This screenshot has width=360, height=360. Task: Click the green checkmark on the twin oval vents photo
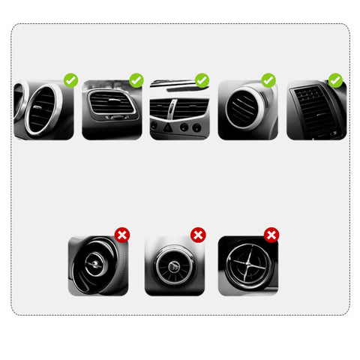point(70,79)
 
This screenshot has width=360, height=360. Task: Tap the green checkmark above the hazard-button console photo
point(202,79)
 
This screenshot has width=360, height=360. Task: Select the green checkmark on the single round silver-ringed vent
point(268,79)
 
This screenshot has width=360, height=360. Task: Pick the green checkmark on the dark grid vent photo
point(335,79)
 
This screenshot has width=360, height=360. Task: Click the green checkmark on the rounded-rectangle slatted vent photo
point(136,79)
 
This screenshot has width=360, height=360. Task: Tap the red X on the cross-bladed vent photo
point(271,235)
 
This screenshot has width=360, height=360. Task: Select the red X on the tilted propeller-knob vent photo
point(121,235)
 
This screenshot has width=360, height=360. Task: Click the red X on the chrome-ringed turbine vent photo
point(198,235)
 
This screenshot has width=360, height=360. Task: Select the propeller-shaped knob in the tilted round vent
point(95,263)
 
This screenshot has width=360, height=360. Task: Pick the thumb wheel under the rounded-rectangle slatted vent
point(112,117)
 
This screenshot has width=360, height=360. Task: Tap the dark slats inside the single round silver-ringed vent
point(243,110)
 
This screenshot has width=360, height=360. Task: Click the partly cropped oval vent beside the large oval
point(17,101)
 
